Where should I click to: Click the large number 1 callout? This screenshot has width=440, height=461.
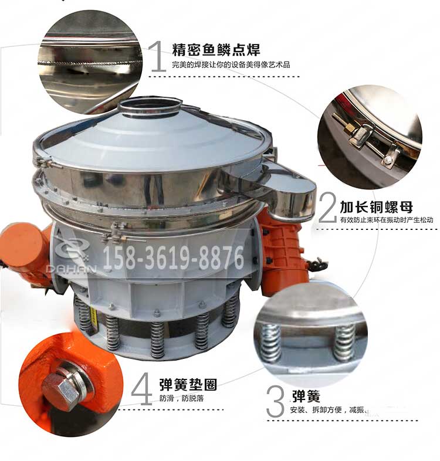157,57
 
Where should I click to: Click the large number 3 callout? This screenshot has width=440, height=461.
276,401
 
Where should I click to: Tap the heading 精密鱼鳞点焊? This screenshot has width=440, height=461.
216,49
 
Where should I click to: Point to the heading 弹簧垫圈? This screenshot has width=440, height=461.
188,385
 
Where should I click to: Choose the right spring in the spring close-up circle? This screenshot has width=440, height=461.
344,343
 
